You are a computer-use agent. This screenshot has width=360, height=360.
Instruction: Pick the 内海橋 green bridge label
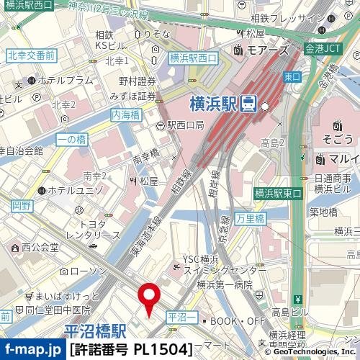(x=127, y=114)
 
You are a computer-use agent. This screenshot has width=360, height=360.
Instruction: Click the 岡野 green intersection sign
(x=22, y=206)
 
